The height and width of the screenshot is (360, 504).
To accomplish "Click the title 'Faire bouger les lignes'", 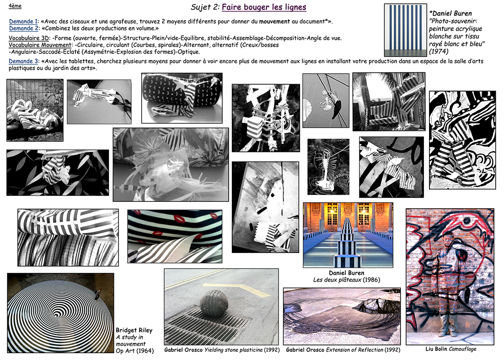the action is (264, 7).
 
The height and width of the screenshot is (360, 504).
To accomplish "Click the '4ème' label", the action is (15, 5).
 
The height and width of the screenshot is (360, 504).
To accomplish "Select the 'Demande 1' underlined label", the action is (23, 21).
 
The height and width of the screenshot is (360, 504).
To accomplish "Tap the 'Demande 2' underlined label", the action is (23, 28).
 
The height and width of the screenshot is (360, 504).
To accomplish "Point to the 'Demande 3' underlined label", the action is (23, 61).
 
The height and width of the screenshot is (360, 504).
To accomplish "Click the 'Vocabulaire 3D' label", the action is (29, 38).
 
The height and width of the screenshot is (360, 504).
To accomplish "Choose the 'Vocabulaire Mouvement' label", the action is (39, 45).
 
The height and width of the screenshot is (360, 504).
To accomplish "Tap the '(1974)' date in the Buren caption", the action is (439, 51).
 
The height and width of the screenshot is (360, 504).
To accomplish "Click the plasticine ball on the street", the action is (214, 303).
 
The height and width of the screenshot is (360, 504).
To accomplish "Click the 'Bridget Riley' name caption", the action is (134, 330).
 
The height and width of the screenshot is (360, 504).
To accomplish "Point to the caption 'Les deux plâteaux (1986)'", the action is (347, 279).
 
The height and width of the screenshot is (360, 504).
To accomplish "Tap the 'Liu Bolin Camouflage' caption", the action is (451, 349).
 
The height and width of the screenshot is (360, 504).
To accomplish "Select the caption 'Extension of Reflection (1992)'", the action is (363, 350).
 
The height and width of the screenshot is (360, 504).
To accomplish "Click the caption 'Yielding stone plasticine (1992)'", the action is (242, 350).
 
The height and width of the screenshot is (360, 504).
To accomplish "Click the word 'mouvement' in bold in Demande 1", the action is (274, 21).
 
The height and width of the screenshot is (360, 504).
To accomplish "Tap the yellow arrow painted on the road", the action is (238, 289).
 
